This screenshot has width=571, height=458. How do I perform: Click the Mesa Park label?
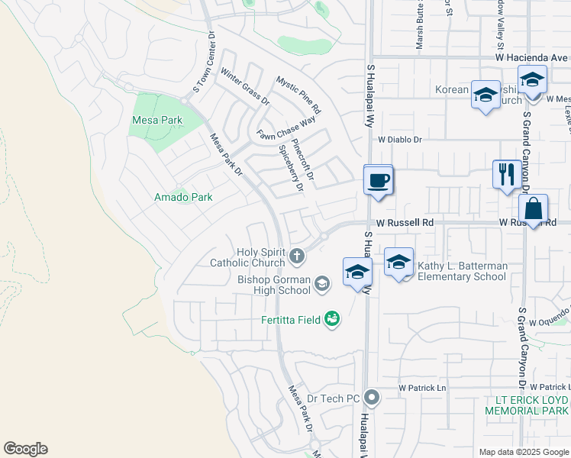pos(156,120)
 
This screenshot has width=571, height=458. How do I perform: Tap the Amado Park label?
pos(182,197)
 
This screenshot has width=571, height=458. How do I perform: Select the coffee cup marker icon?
pos(379,181)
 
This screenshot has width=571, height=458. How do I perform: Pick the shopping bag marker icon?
pos(532,208)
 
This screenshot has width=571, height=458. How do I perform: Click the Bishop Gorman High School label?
pos(273,285)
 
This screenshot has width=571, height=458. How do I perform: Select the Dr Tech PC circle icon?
pos(372,398)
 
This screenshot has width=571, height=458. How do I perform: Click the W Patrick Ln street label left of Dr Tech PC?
pos(422,388)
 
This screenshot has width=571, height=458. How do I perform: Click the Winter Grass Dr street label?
pos(245,86)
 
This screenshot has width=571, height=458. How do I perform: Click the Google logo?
pos(25,449)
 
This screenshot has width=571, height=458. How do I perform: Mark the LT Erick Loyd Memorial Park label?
pos(527,405)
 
